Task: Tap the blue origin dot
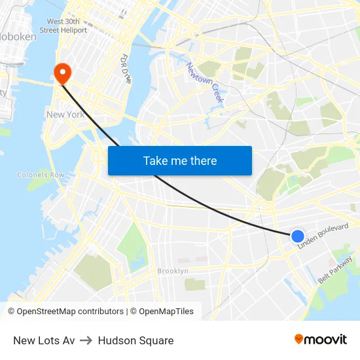(x=298, y=236)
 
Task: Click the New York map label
(x=65, y=115)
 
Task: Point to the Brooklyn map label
(x=173, y=271)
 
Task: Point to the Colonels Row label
(x=41, y=175)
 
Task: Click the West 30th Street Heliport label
(x=63, y=26)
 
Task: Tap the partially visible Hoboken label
(x=18, y=37)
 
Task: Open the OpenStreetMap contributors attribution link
(x=70, y=312)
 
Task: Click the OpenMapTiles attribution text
(x=166, y=312)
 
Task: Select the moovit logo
(x=320, y=339)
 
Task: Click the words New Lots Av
(x=44, y=340)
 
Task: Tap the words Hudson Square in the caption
(x=135, y=340)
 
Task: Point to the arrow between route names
(x=86, y=340)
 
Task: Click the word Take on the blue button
(x=156, y=160)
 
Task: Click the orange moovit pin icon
(x=298, y=339)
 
